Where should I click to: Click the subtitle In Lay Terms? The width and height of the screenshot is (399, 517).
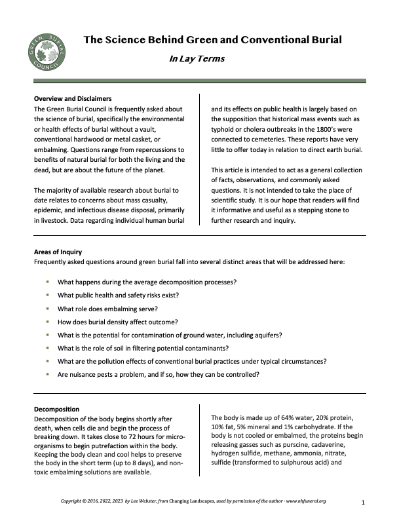(197, 58)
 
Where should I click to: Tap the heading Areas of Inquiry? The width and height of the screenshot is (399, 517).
(58, 252)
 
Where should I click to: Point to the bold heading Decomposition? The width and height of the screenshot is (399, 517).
(56, 410)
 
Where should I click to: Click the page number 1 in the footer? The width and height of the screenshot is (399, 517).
(362, 502)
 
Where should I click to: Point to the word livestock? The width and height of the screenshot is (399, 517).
(58, 220)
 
